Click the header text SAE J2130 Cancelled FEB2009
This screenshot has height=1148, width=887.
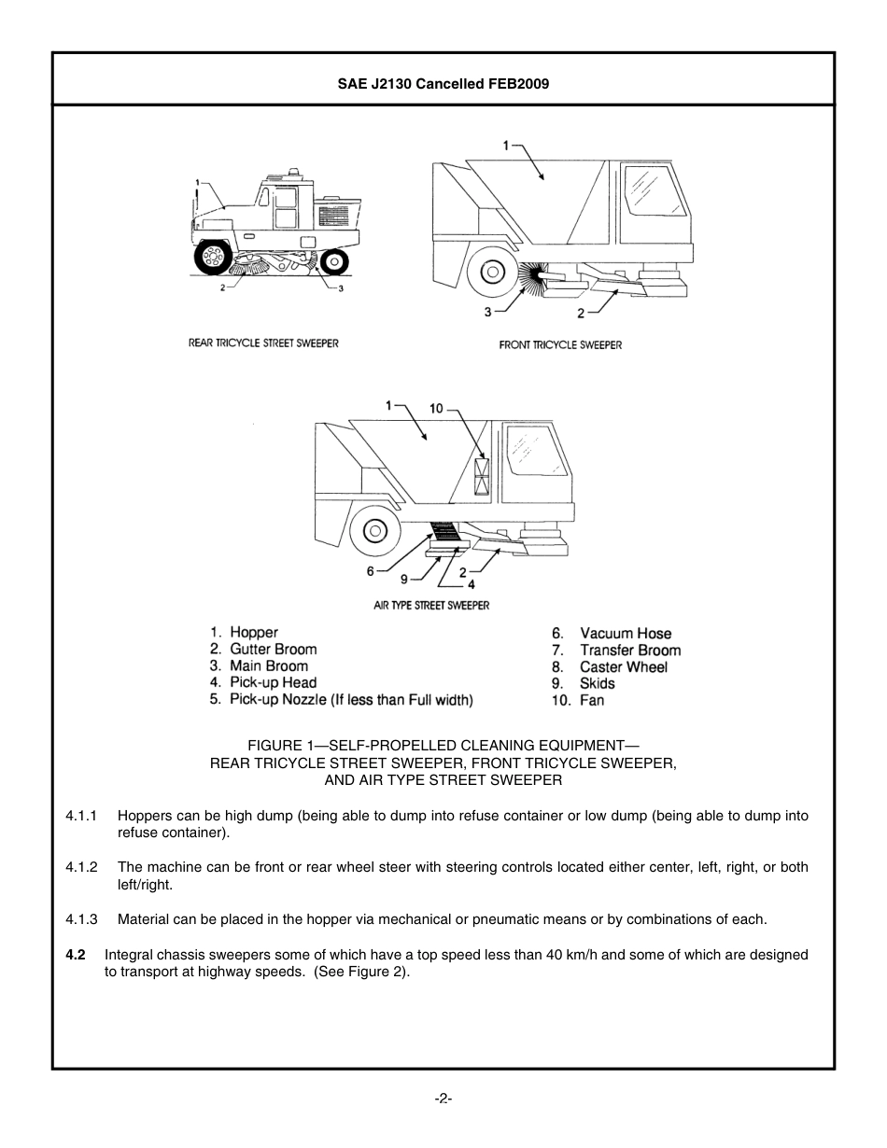pyautogui.click(x=443, y=83)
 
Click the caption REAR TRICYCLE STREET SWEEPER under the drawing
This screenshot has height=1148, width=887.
pyautogui.click(x=263, y=343)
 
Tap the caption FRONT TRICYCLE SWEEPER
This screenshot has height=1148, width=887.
pyautogui.click(x=560, y=344)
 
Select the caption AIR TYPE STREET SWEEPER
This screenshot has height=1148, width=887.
pyautogui.click(x=431, y=605)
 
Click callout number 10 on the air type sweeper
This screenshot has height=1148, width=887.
pyautogui.click(x=436, y=408)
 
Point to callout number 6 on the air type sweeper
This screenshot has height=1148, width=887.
pyautogui.click(x=370, y=571)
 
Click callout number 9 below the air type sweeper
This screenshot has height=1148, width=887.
pyautogui.click(x=404, y=578)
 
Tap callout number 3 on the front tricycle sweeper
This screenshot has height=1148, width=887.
pyautogui.click(x=487, y=312)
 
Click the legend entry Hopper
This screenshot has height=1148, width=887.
pyautogui.click(x=253, y=632)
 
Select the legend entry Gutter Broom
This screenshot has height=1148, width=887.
pyautogui.click(x=273, y=649)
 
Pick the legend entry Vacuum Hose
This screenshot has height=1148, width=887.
pyautogui.click(x=625, y=633)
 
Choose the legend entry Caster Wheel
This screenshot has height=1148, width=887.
pyautogui.click(x=623, y=666)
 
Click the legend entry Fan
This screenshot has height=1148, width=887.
pyautogui.click(x=591, y=700)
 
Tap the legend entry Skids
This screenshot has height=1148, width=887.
pyautogui.click(x=597, y=683)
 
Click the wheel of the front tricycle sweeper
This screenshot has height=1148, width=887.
pyautogui.click(x=490, y=273)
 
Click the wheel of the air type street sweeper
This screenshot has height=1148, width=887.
pyautogui.click(x=374, y=532)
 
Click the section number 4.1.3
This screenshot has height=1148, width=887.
pyautogui.click(x=81, y=919)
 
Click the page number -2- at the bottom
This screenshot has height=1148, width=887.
pyautogui.click(x=443, y=1099)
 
